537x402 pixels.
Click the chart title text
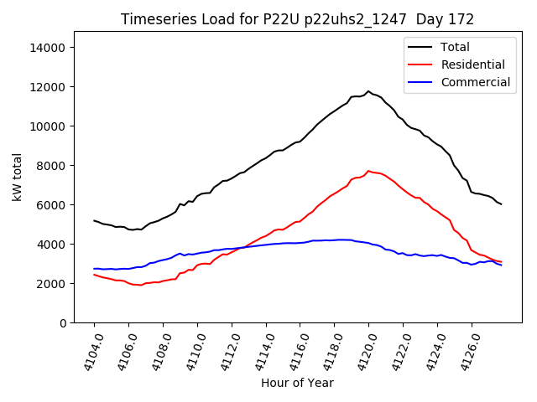point(297,19)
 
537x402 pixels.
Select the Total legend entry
point(455,47)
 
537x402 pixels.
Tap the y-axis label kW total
point(18,177)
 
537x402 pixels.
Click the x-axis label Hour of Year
point(297,383)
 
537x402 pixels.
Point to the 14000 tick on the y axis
point(47,48)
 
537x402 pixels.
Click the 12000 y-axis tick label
point(47,87)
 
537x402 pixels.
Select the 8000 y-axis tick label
point(50,166)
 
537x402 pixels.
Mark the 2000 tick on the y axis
point(50,284)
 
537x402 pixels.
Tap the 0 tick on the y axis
point(62,323)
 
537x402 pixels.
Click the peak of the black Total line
point(368,91)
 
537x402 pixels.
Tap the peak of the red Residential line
point(368,171)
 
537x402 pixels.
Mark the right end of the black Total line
point(501,204)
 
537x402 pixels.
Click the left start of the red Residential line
point(94,275)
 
